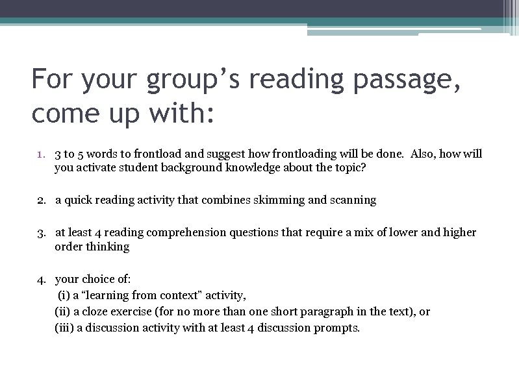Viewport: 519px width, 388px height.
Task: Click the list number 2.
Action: point(41,200)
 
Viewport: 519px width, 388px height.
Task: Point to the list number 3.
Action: point(41,233)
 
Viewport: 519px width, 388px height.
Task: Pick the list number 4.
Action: point(41,280)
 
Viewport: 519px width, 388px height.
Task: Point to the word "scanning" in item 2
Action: point(353,200)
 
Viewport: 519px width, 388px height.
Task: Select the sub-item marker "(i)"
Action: point(65,296)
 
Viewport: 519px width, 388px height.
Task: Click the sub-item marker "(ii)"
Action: point(63,312)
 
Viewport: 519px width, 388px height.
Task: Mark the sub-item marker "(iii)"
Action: point(64,328)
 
